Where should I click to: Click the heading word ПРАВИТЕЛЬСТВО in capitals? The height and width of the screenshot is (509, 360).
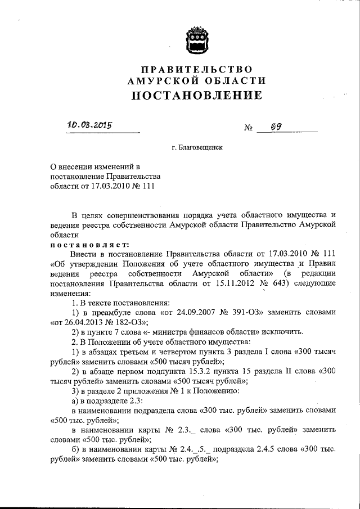point(196,69)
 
